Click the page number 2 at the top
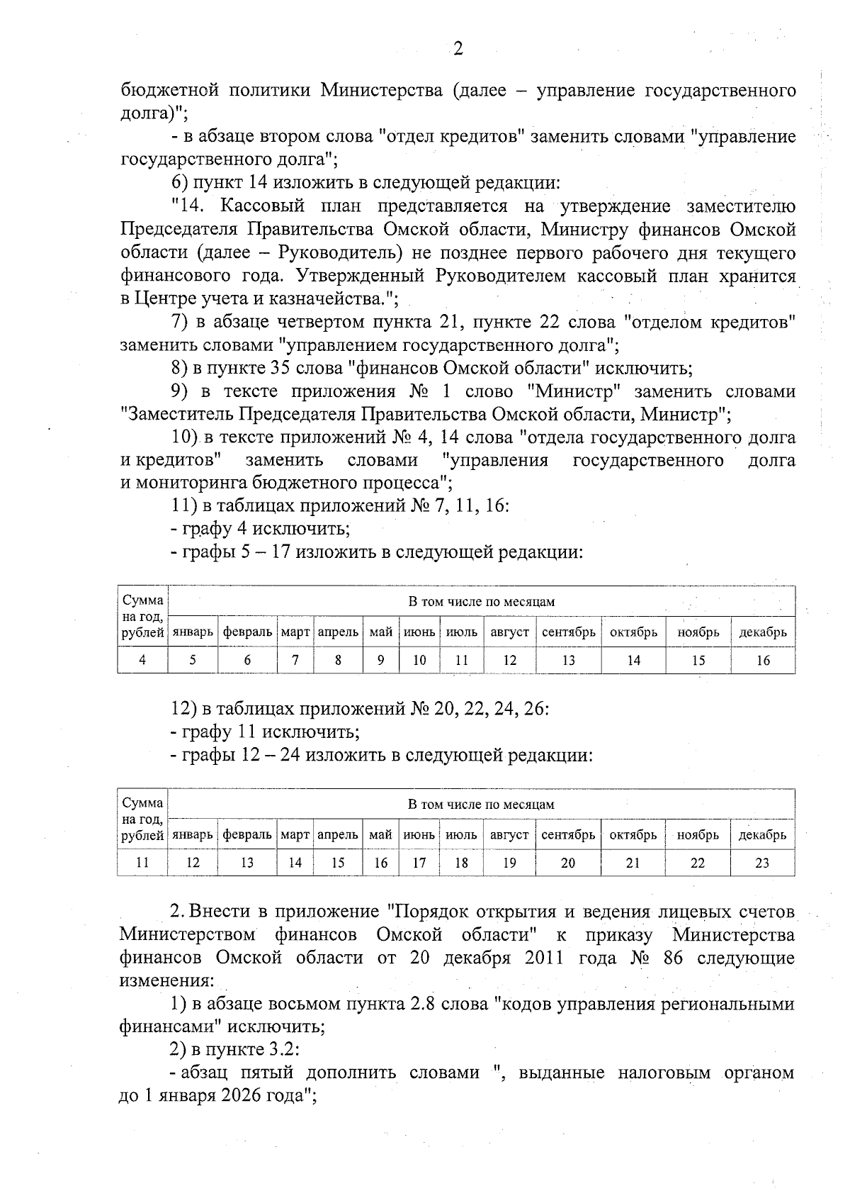coord(458,48)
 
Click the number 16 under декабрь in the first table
coord(763,660)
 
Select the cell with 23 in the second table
coord(762,863)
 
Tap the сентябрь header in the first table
coord(568,632)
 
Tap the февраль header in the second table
coord(247,834)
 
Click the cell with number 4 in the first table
coord(142,660)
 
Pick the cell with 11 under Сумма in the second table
coord(142,863)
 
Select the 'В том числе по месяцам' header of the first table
coord(481,602)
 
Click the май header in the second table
coord(380,834)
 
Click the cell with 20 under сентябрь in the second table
coord(568,863)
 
